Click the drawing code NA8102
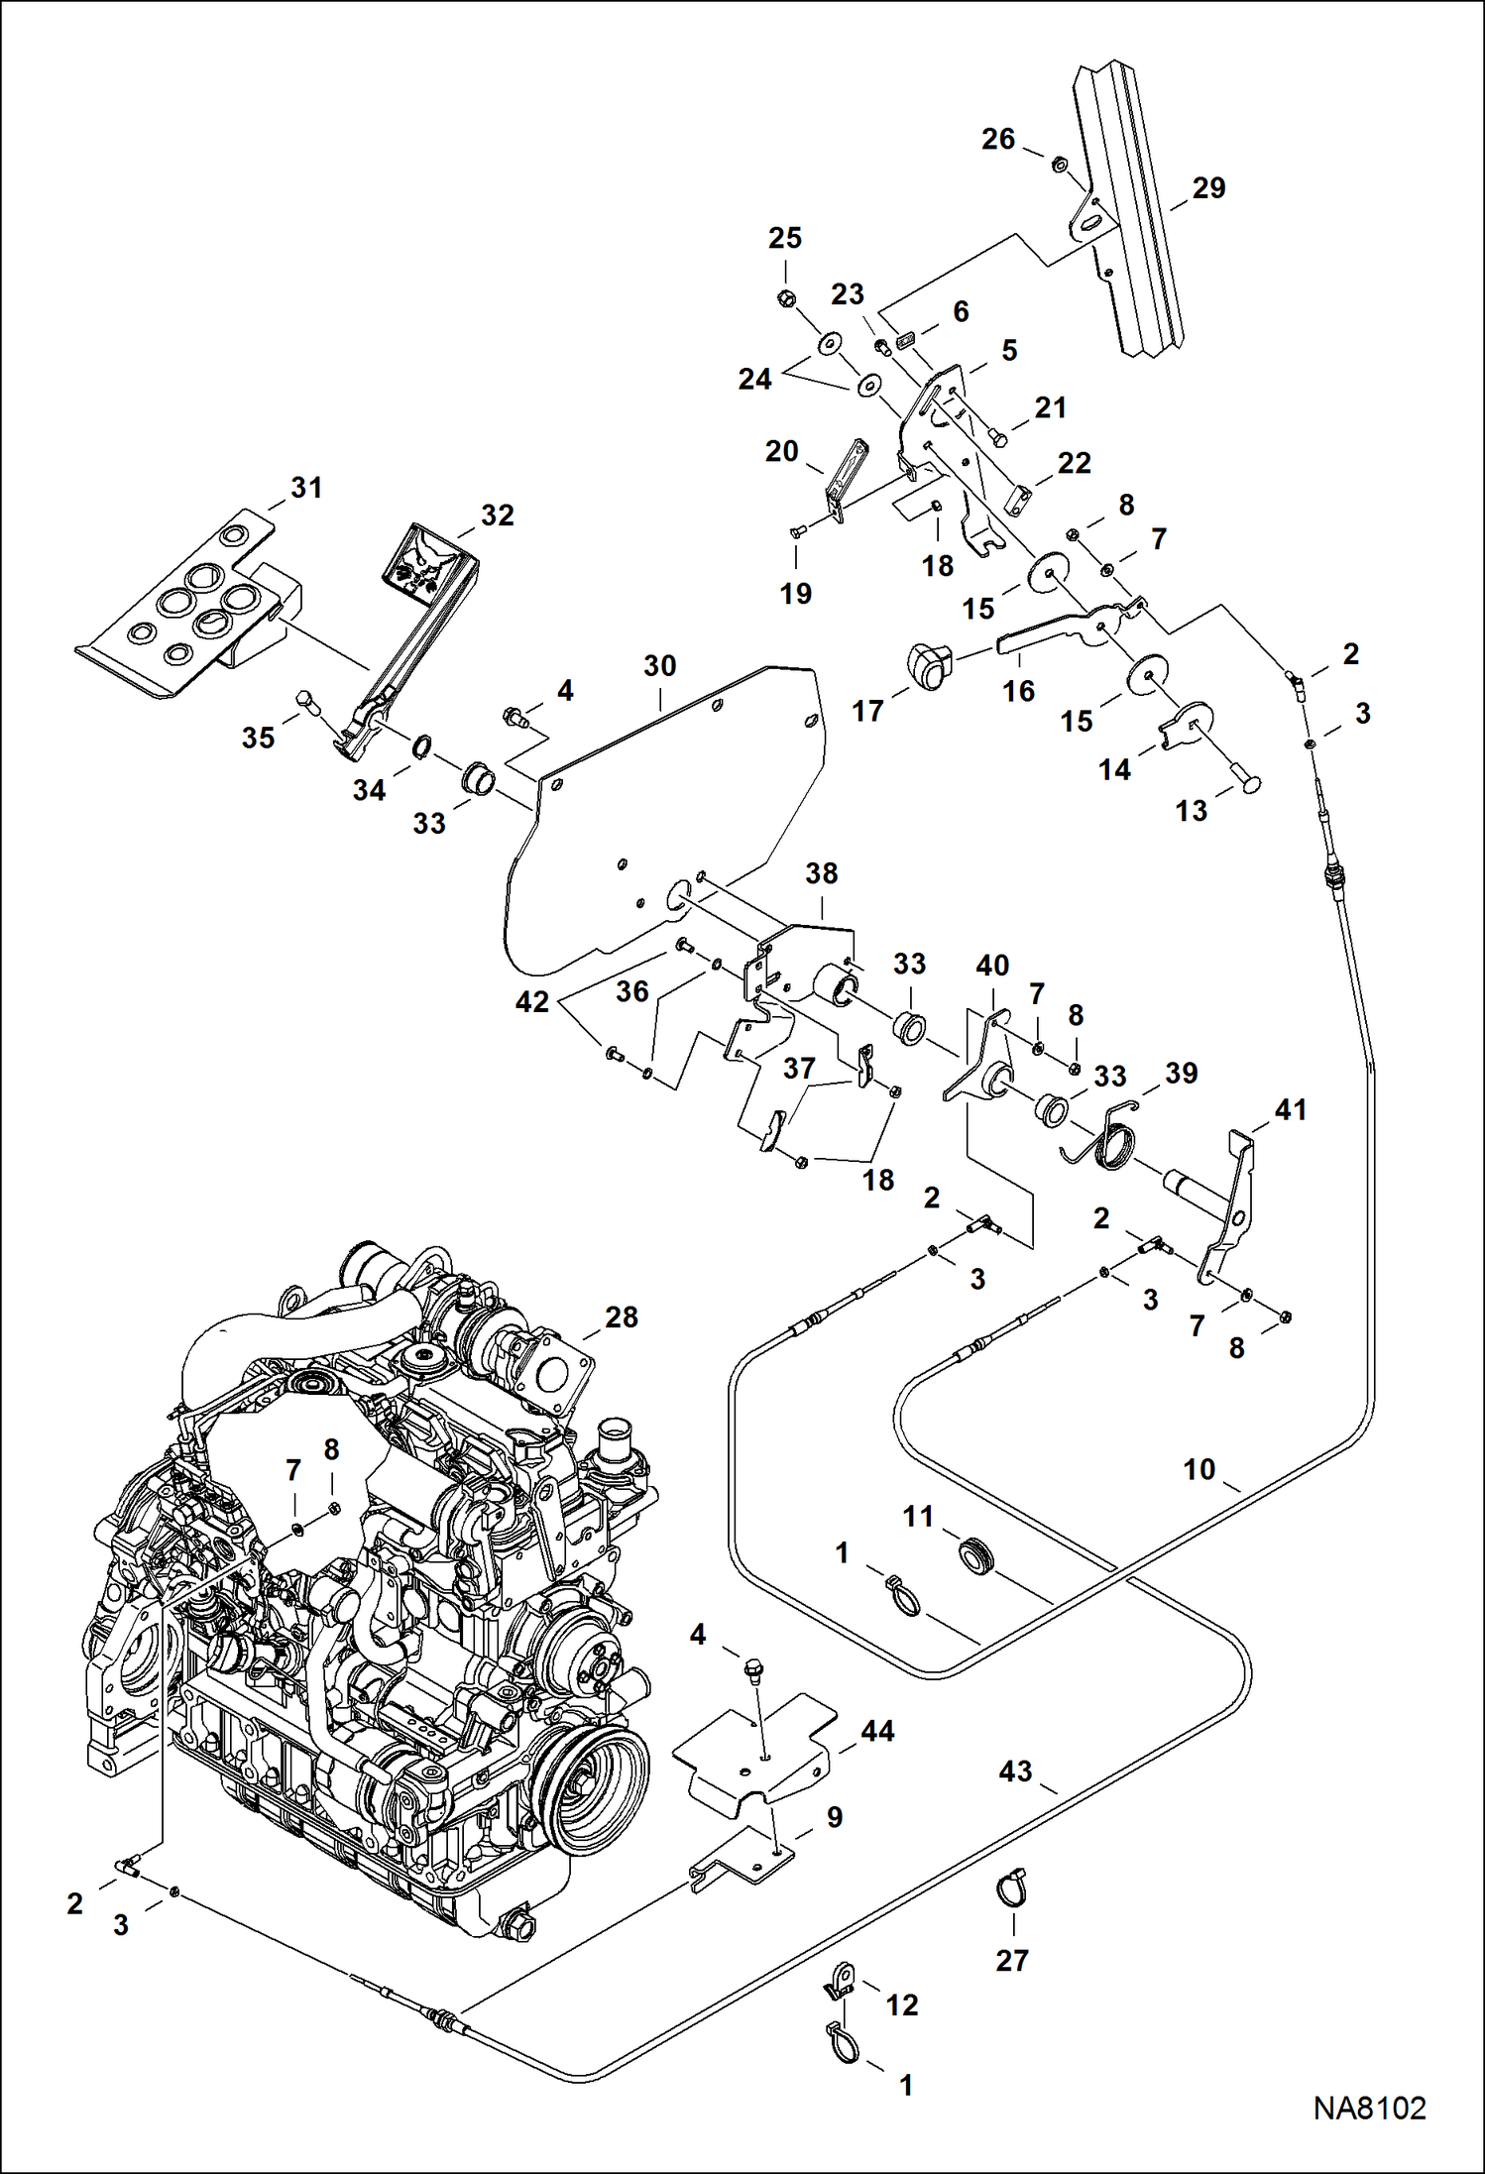[1369, 2109]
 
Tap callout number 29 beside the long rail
[1208, 188]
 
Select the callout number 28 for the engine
[622, 1317]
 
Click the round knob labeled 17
[928, 664]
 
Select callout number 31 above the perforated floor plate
[306, 488]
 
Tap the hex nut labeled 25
[784, 296]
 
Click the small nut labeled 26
[1058, 165]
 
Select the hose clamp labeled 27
[1012, 1889]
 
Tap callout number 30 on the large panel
[659, 666]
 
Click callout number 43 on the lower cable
[1015, 1772]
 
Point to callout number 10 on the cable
[1199, 1469]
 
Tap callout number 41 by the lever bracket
[1290, 1110]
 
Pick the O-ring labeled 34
[422, 745]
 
